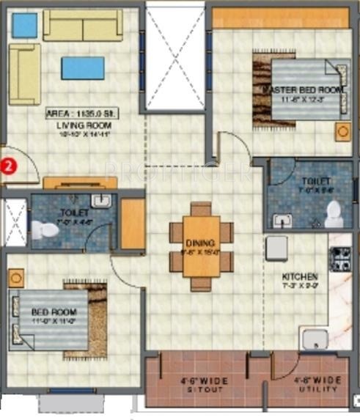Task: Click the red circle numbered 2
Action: [8, 166]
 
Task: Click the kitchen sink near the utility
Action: [315, 339]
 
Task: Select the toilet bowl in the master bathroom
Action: [334, 213]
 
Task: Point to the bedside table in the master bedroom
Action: [342, 131]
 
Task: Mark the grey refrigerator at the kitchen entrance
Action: [276, 248]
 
